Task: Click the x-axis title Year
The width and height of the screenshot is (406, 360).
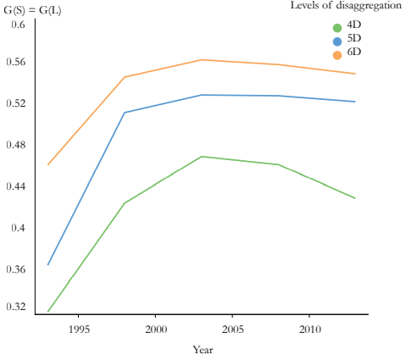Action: point(202,349)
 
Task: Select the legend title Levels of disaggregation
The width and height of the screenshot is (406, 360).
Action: point(345,6)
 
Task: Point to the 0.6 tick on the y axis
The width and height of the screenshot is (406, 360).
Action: point(19,24)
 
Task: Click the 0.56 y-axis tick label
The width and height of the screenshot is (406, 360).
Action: point(16,64)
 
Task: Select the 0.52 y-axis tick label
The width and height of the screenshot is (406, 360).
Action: point(16,104)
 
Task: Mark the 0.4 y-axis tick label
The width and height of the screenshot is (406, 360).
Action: point(19,228)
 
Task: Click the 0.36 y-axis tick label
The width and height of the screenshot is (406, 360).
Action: point(16,269)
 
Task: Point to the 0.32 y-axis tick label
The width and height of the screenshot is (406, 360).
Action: point(16,307)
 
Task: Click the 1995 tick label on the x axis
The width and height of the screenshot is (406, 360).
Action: point(78,328)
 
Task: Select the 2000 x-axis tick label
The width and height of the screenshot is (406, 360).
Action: point(155,328)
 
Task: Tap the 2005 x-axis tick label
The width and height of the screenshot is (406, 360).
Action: point(233,328)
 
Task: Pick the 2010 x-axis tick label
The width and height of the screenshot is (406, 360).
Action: point(310,328)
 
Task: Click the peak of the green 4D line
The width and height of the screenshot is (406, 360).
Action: point(202,157)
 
